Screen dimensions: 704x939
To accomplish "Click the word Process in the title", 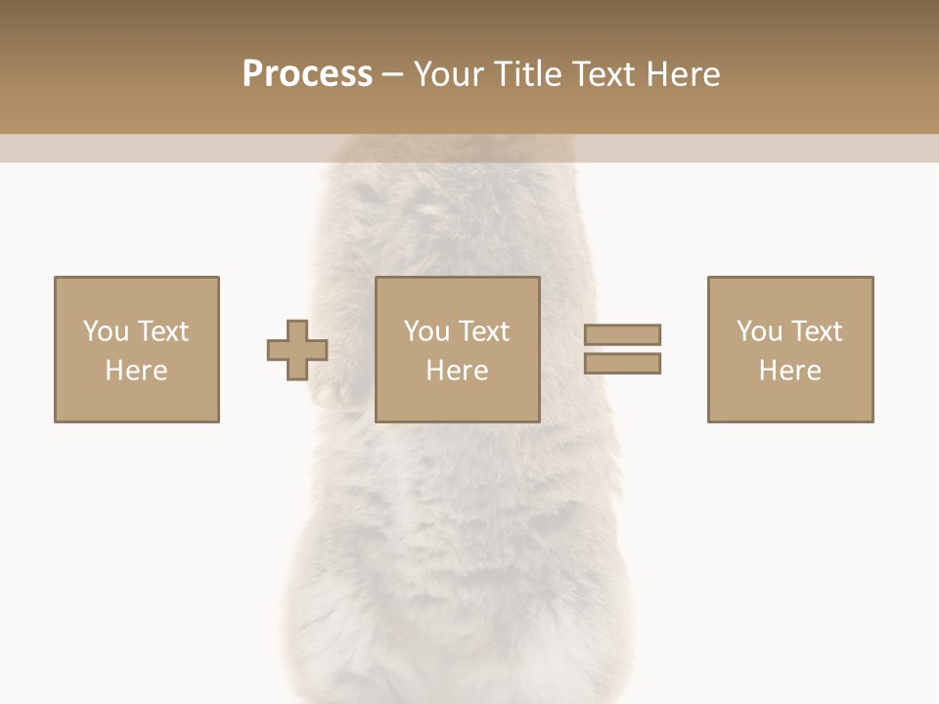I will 307,74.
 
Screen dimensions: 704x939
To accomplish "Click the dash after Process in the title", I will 392,75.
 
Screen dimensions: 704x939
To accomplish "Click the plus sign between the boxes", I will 297,349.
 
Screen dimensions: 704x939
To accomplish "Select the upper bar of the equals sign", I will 622,334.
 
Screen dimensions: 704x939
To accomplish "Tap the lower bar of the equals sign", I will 622,363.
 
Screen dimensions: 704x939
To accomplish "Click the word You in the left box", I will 106,331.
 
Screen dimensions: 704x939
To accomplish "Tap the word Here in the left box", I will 137,371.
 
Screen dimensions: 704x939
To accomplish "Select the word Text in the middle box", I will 483,331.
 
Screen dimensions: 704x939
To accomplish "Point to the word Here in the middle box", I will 458,371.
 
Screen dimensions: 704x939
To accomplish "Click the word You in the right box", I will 759,331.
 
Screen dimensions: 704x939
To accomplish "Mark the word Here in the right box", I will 790,371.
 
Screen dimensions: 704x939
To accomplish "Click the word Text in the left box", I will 162,331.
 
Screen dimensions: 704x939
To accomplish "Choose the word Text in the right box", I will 816,331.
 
